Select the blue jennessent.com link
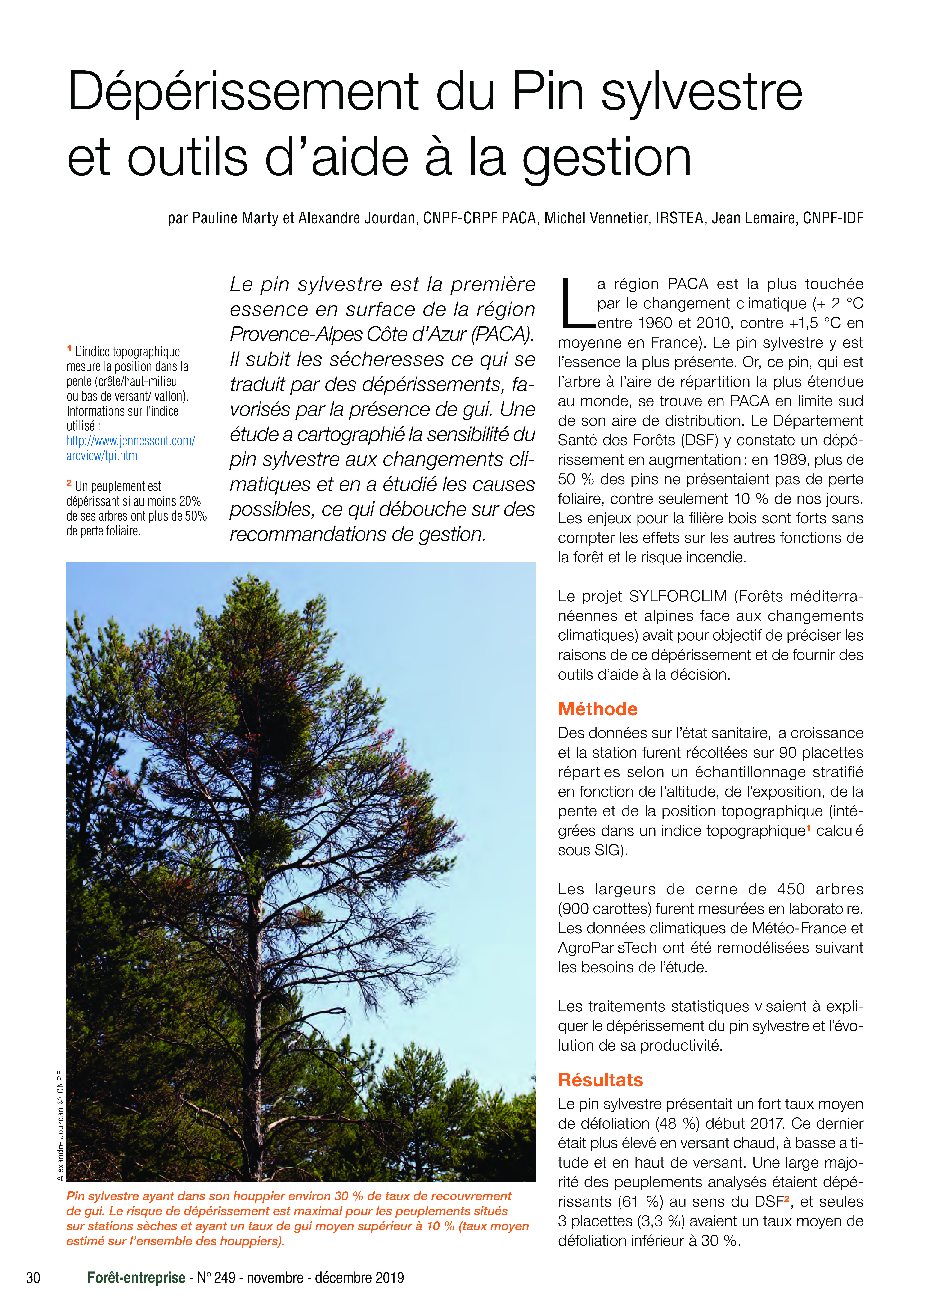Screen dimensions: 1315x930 click(131, 441)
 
